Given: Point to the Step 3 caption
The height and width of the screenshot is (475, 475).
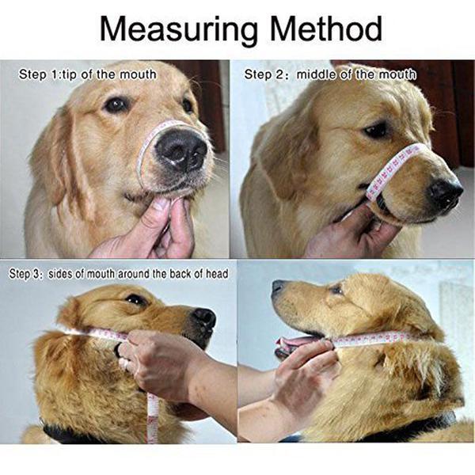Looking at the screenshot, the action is click(x=119, y=274).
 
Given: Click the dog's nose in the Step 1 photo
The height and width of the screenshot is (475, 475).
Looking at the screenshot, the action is click(x=181, y=150).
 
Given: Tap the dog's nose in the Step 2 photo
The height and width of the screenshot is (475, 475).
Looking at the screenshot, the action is click(x=445, y=192).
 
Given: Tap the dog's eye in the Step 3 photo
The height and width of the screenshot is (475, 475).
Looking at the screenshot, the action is click(x=136, y=300).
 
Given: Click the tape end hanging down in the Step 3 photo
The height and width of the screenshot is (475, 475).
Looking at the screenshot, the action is click(x=152, y=418).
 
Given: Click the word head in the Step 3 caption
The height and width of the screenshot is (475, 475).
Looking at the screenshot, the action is click(x=217, y=274).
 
